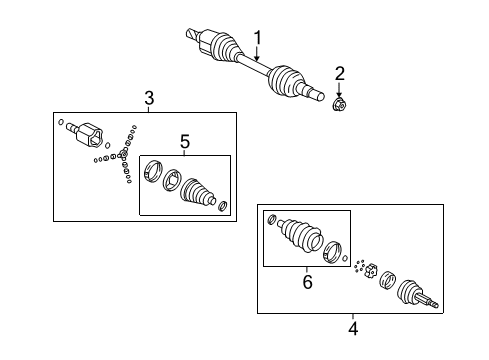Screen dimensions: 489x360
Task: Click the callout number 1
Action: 257,38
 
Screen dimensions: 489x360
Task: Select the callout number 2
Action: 339,72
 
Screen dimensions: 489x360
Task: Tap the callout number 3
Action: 148,97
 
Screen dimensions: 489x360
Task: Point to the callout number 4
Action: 352,325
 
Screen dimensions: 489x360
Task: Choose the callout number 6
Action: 307,282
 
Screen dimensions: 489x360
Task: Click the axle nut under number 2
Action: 339,103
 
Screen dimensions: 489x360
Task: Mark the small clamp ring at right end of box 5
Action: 223,207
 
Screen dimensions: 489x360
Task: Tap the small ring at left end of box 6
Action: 271,218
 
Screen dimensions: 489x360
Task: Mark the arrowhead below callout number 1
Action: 257,61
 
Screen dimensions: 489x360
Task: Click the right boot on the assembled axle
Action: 288,83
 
